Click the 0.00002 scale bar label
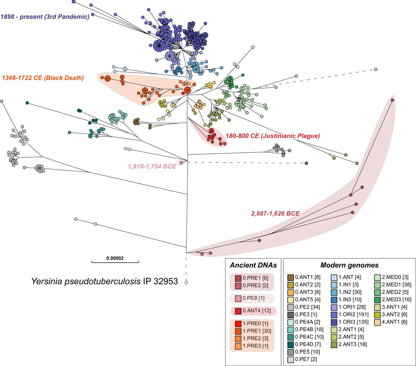point(115,258)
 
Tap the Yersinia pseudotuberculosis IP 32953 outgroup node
point(186,283)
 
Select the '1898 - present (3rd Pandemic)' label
point(45,17)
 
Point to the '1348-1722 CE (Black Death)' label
point(43,78)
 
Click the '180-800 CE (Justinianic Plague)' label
point(273,136)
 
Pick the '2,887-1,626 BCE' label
point(275,214)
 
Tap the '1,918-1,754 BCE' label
point(152,166)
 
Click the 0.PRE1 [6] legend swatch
point(238,278)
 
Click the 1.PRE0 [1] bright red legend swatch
point(238,324)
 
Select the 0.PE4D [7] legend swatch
point(291,344)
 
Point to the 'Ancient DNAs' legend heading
point(253,265)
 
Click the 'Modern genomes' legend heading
point(349,265)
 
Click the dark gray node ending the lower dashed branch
point(306,163)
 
